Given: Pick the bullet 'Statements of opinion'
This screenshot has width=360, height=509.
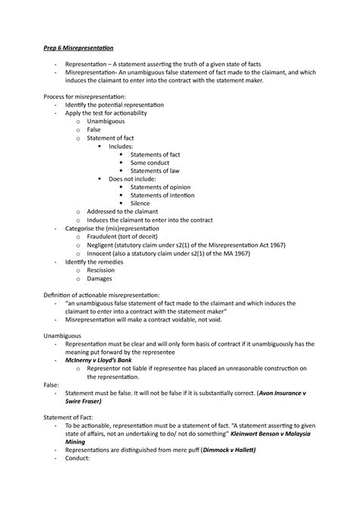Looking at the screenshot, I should click(x=160, y=187).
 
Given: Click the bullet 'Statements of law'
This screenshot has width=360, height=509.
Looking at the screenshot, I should click(x=155, y=170).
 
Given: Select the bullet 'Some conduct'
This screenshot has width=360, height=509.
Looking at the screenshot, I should click(x=150, y=162).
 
